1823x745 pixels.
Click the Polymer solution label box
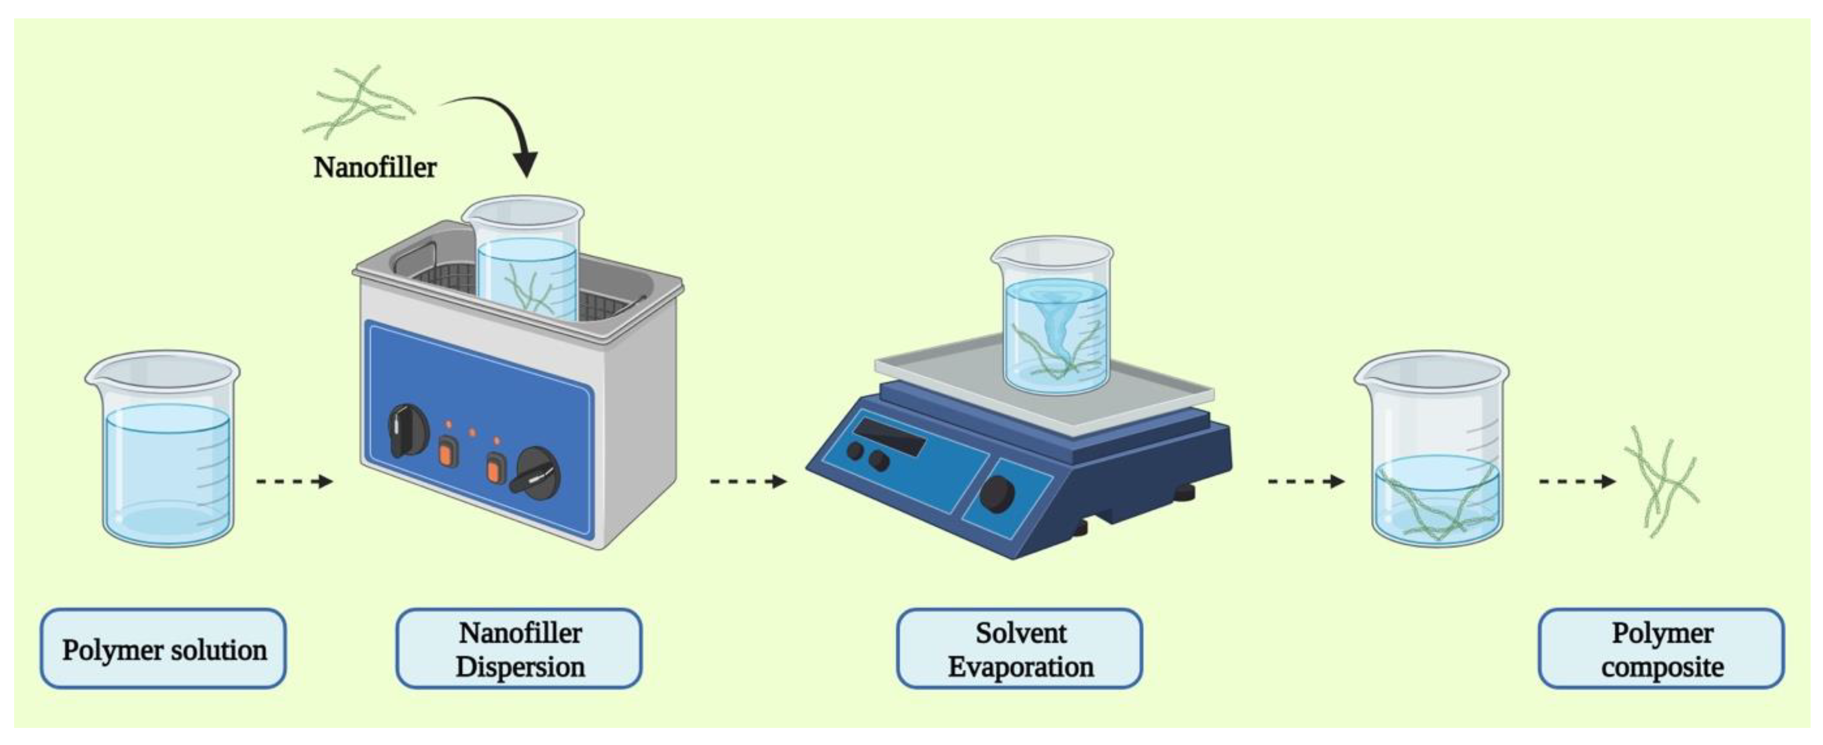click(x=164, y=649)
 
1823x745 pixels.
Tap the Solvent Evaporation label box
click(x=1020, y=649)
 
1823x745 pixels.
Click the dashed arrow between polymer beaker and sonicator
click(x=294, y=482)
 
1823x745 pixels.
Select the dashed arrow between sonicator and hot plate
click(x=748, y=482)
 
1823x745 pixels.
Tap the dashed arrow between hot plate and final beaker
click(x=1305, y=482)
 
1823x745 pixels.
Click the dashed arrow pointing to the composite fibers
click(x=1577, y=482)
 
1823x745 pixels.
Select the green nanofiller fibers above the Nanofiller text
click(x=357, y=102)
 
